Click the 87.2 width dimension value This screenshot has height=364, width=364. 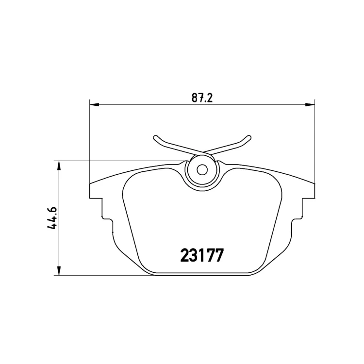click(202, 98)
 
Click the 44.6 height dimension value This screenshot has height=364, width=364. click(52, 218)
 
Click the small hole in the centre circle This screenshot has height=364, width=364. click(202, 170)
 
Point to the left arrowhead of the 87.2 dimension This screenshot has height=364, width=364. click(94, 105)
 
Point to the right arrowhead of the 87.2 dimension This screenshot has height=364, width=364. click(310, 105)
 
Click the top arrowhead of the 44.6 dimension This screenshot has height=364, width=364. click(60, 165)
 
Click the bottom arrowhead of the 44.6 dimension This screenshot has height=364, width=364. click(60, 270)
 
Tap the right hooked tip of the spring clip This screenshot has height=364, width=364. click(248, 138)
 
